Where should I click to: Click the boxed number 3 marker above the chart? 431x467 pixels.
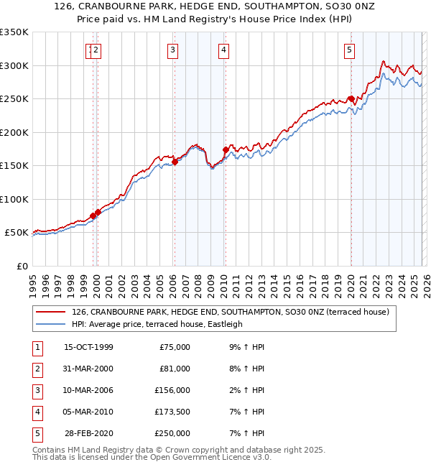[x=174, y=50]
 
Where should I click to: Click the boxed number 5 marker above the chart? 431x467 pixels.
[x=350, y=50]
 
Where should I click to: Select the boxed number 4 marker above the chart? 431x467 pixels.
[x=224, y=50]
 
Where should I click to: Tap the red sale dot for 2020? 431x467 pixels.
[x=351, y=99]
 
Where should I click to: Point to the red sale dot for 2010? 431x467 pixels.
[x=225, y=150]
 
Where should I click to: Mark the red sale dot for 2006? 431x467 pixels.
[x=175, y=162]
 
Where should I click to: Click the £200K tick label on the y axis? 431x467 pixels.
[x=14, y=132]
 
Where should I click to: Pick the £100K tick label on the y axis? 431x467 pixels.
[x=14, y=199]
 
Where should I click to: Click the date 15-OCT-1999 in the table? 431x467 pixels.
[x=88, y=347]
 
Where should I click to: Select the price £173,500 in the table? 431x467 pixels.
[x=173, y=412]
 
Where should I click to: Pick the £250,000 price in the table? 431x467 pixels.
[x=173, y=433]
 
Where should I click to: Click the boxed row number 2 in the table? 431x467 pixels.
[x=36, y=369]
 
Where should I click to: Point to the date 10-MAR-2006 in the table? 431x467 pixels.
[x=88, y=390]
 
